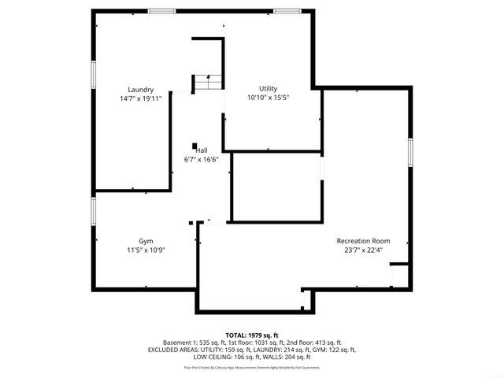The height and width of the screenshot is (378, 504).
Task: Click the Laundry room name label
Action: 141,90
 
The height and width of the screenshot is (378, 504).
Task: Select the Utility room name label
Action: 269,88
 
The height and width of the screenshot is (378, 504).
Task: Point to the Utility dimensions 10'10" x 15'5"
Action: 269,97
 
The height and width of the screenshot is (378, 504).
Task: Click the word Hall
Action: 202,150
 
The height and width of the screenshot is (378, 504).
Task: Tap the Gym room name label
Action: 146,241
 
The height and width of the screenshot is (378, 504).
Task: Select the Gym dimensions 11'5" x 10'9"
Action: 146,250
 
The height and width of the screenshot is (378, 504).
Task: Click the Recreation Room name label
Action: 363,241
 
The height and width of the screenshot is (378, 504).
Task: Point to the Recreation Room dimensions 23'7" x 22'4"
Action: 363,250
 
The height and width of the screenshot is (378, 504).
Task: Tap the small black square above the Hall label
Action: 194,145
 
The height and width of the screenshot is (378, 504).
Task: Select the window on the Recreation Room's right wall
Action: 409,152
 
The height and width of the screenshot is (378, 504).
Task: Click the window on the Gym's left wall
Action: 93,210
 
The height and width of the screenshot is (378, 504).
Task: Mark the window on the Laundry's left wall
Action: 93,73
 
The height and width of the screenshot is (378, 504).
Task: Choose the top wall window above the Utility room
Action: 286,10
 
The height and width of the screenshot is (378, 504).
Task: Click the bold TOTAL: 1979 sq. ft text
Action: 252,335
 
